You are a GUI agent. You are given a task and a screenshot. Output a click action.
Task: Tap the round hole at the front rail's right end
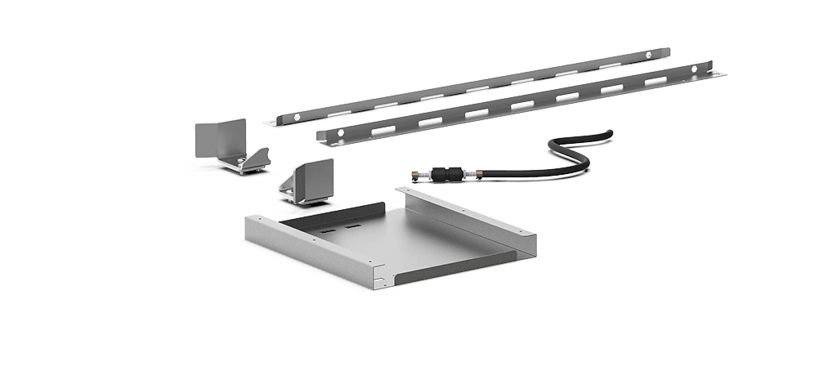click(x=693, y=71)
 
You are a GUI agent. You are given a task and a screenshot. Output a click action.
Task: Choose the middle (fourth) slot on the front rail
click(x=521, y=105)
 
